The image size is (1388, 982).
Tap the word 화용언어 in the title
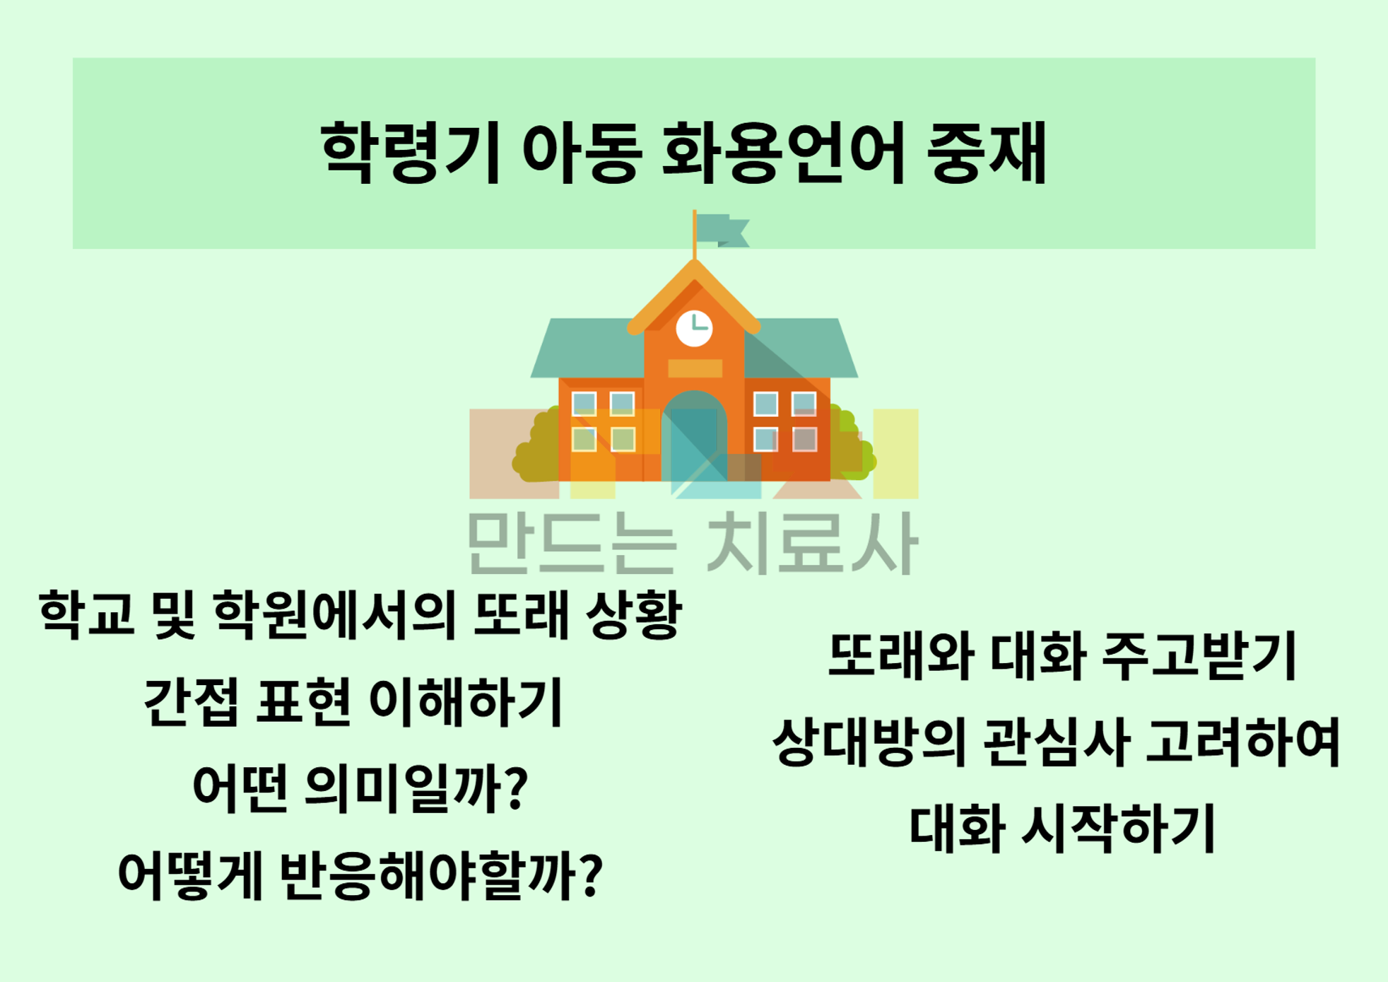pyautogui.click(x=783, y=153)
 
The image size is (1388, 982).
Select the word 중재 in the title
pyautogui.click(x=987, y=153)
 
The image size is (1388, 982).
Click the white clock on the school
pyautogui.click(x=694, y=328)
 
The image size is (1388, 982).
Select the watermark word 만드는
pyautogui.click(x=572, y=543)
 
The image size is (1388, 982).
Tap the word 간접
pyautogui.click(x=190, y=701)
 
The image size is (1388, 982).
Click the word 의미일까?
pyautogui.click(x=416, y=788)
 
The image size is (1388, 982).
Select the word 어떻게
pyautogui.click(x=191, y=875)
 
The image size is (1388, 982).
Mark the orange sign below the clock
pyautogui.click(x=695, y=368)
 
